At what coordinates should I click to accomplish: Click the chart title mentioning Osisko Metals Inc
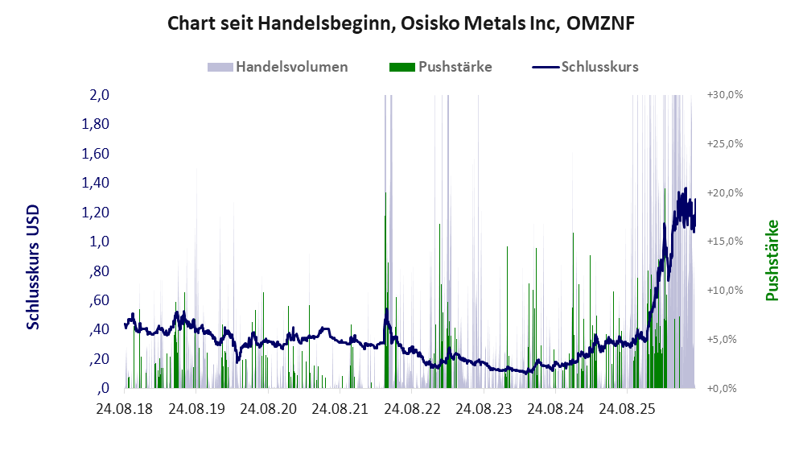[x=401, y=23]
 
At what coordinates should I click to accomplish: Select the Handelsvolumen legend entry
[x=278, y=67]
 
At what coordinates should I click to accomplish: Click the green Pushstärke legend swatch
[x=402, y=67]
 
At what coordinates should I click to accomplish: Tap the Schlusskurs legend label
[x=599, y=67]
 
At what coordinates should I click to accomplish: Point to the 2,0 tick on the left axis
[x=99, y=95]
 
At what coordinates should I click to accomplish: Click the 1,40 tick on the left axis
[x=96, y=183]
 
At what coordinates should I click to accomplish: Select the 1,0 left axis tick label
[x=99, y=242]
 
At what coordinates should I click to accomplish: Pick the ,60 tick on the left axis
[x=99, y=299]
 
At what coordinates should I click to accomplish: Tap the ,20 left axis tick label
[x=99, y=359]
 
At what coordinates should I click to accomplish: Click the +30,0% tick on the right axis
[x=725, y=95]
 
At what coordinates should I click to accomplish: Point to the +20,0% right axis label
[x=725, y=192]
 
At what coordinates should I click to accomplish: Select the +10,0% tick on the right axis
[x=725, y=290]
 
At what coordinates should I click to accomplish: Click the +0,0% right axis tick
[x=722, y=388]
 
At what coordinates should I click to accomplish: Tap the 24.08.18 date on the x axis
[x=125, y=409]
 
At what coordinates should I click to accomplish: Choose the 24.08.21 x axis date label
[x=340, y=409]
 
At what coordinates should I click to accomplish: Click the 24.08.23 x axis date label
[x=484, y=409]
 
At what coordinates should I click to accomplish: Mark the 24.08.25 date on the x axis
[x=627, y=409]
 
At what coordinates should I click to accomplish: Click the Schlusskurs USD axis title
[x=33, y=267]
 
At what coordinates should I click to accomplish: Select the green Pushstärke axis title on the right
[x=772, y=260]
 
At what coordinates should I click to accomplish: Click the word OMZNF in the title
[x=600, y=23]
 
